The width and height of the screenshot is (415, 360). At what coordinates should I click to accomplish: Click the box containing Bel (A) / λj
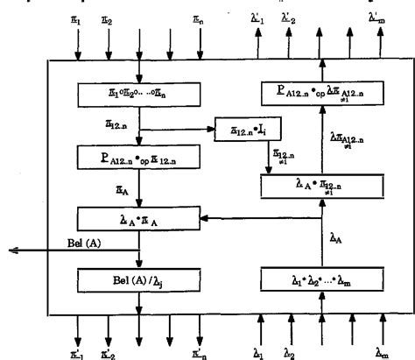[x=138, y=281]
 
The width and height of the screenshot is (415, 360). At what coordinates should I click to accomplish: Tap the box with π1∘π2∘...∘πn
[x=138, y=91]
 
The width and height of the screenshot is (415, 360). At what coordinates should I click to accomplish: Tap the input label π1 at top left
[x=77, y=18]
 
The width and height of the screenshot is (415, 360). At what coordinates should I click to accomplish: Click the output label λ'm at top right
[x=376, y=18]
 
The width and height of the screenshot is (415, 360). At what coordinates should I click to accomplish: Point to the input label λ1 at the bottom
[x=258, y=351]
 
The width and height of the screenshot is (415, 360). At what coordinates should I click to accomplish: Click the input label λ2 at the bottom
[x=290, y=351]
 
